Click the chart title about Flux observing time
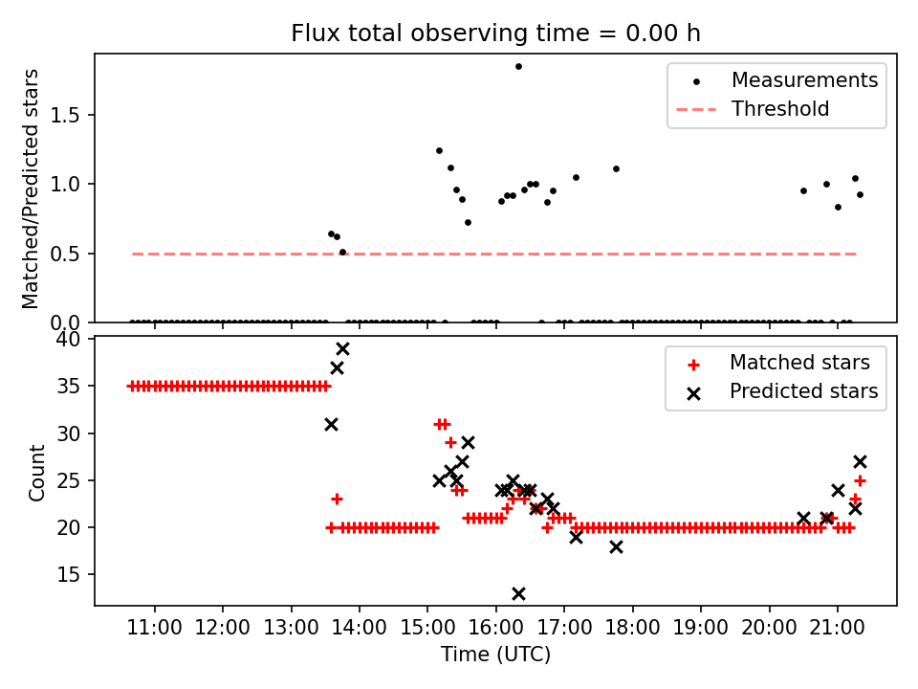495,33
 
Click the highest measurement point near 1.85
518,66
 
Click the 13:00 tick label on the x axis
291,629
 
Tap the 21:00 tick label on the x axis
838,629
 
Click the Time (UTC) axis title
495,656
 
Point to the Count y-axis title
37,472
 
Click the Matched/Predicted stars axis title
31,189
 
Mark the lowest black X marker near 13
518,594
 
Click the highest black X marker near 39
342,349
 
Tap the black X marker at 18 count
616,546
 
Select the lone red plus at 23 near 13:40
337,499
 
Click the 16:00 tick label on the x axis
495,629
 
